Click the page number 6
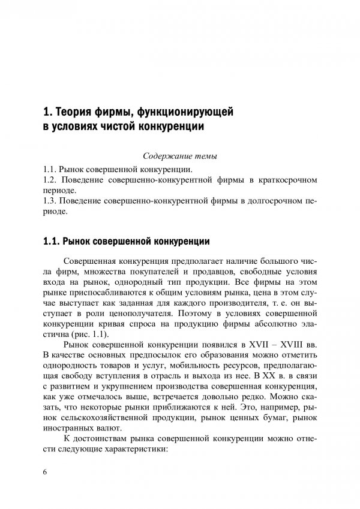45,472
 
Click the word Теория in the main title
73,112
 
